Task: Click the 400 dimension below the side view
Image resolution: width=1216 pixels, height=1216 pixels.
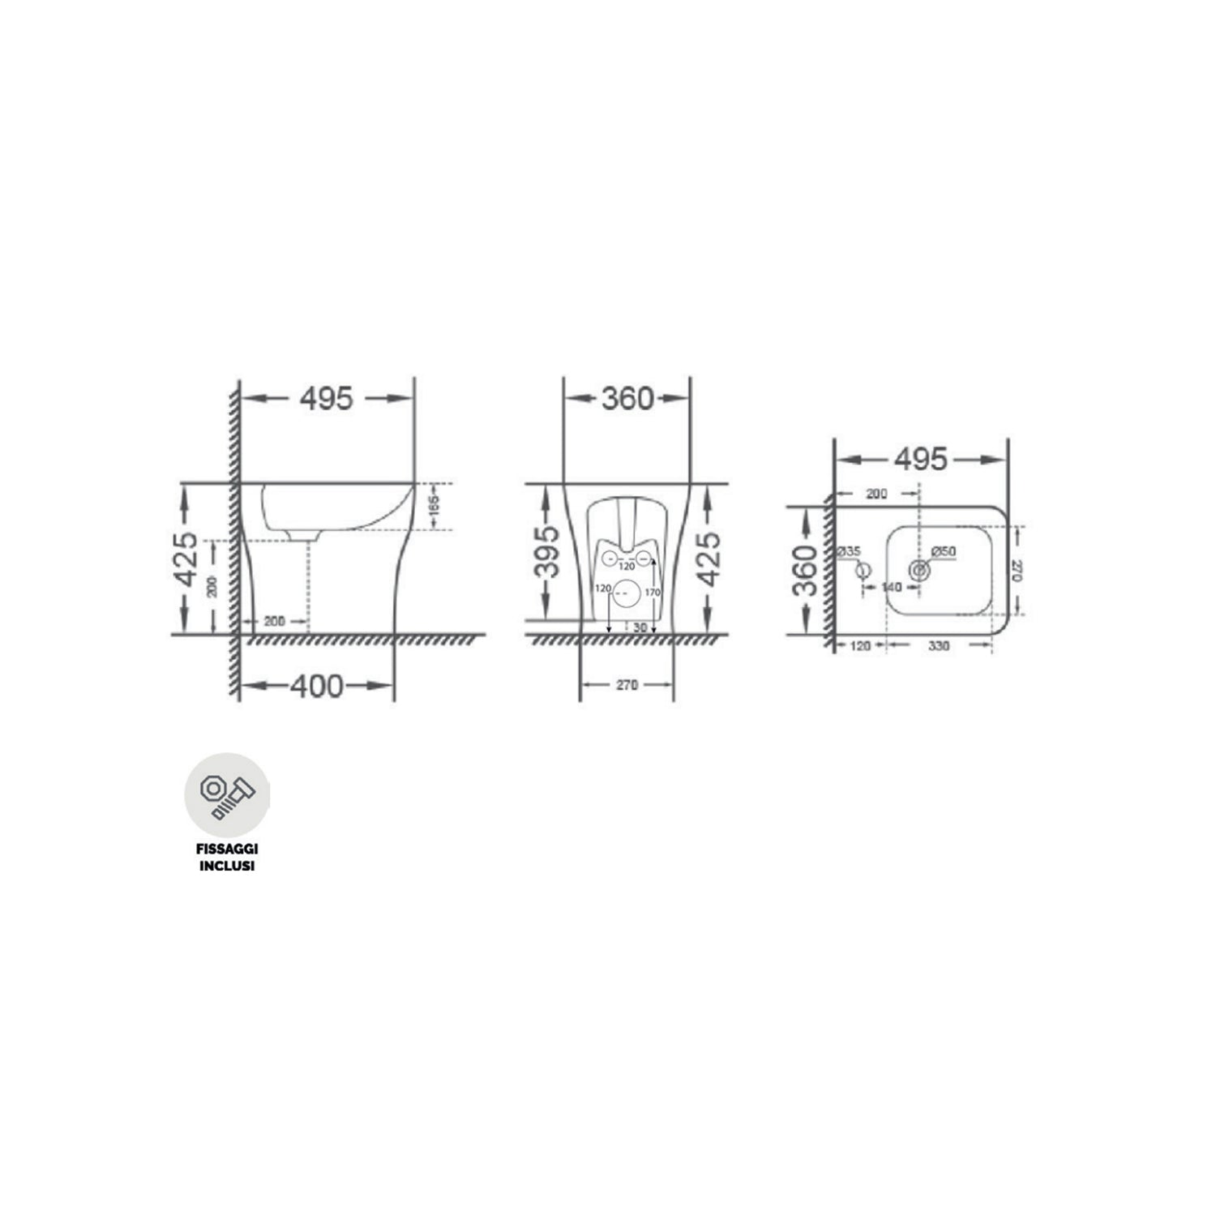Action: coord(317,687)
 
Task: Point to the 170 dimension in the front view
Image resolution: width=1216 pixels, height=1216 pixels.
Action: coord(653,593)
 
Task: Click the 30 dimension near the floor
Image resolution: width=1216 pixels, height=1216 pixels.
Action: coord(640,627)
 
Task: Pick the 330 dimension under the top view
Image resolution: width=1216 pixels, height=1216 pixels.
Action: coord(939,646)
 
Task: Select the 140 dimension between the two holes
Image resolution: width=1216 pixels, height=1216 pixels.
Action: coord(891,587)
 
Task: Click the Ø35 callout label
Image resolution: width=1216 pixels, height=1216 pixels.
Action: coord(849,552)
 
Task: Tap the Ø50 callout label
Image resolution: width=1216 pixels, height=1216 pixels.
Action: coord(944,552)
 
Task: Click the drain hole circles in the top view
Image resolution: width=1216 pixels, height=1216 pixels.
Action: coord(918,570)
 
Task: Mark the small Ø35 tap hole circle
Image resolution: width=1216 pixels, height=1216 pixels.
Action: coord(863,570)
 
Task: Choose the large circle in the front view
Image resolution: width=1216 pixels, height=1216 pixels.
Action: coord(623,594)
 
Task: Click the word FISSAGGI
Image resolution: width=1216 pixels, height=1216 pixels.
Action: coord(227,850)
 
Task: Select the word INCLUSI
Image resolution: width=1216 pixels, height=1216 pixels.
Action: coord(227,866)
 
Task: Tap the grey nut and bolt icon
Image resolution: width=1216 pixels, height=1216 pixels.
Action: coord(227,795)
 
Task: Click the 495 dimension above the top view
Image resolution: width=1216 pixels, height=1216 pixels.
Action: coord(921,460)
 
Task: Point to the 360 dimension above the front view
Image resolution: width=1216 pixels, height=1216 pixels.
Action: coord(627,398)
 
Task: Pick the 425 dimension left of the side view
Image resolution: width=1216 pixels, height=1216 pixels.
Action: coord(186,559)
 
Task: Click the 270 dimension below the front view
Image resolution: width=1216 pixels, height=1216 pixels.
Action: coord(626,685)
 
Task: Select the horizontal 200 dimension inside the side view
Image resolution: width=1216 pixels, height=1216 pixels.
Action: coord(275,622)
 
